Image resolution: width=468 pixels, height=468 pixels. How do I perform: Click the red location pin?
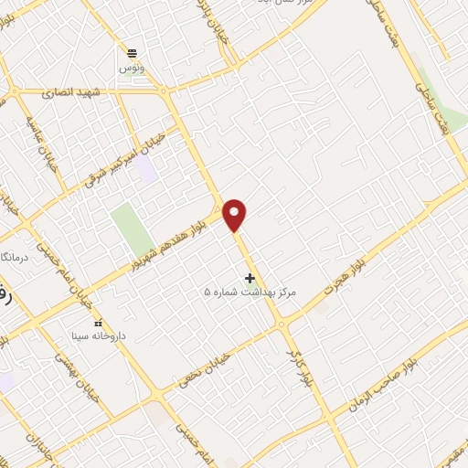235,214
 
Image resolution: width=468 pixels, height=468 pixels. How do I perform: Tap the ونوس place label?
133,68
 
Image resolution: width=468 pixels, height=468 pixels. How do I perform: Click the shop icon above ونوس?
133,53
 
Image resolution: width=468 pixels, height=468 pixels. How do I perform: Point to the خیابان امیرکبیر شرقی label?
127,154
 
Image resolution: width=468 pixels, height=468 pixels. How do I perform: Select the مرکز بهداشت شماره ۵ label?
250,292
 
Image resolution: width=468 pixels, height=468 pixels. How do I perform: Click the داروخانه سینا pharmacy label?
98,336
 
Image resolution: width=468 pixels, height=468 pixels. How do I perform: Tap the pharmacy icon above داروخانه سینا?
98,323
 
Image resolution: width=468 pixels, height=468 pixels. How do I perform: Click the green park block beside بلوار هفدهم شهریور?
132,228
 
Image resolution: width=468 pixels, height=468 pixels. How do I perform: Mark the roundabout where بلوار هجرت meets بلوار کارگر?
282,324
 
